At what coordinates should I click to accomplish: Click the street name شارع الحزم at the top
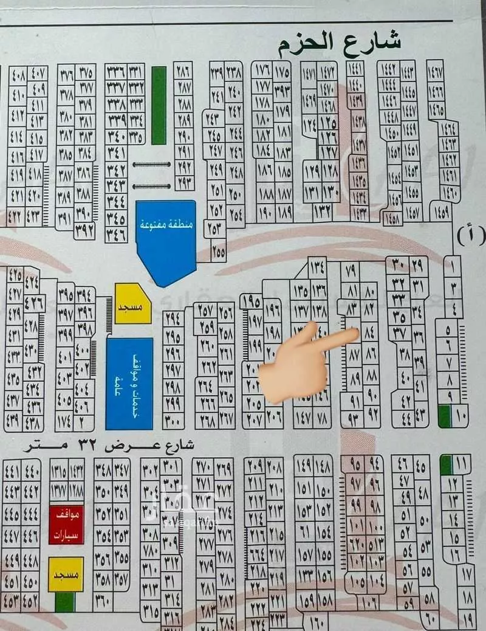click(x=340, y=43)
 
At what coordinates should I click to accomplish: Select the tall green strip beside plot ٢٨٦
click(x=159, y=105)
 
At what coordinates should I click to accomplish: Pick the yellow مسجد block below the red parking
click(x=66, y=574)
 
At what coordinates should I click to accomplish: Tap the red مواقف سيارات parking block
click(x=66, y=524)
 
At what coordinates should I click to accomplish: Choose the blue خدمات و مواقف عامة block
click(x=129, y=383)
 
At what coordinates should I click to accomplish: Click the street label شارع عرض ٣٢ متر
click(x=109, y=446)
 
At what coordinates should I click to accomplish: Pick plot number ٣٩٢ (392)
click(x=84, y=230)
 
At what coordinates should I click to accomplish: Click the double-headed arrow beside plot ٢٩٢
click(x=152, y=164)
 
